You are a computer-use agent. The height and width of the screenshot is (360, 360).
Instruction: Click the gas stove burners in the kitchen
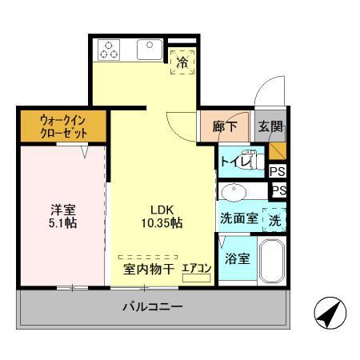click(110, 50)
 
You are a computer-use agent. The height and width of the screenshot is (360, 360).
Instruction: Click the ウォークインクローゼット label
click(62, 126)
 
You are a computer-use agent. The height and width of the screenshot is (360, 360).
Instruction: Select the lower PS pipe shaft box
click(278, 190)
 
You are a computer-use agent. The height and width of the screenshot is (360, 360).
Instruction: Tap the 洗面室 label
click(238, 218)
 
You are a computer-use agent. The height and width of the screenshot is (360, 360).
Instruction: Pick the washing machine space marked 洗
click(275, 218)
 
